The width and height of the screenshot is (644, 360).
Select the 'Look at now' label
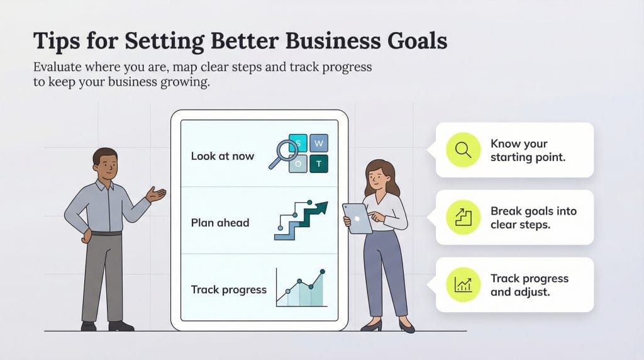(222, 155)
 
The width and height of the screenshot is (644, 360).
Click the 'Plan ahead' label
(220, 223)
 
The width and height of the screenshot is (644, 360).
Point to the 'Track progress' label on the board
(228, 290)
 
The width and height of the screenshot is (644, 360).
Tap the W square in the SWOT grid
(318, 143)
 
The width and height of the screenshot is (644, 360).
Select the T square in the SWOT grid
(318, 164)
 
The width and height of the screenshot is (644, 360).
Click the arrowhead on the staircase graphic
(321, 207)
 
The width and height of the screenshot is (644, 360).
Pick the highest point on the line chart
(323, 272)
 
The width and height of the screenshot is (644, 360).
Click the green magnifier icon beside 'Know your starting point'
(463, 150)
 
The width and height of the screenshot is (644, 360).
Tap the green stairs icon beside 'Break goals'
(463, 217)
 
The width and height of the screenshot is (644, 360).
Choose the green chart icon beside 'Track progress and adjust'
(463, 284)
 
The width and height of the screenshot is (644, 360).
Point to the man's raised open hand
(156, 194)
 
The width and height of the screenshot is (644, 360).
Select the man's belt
(106, 233)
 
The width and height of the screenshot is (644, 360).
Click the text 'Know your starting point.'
(528, 150)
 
